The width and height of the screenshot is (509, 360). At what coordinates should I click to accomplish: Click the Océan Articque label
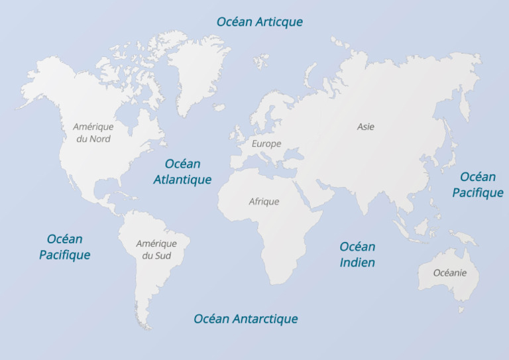tap(259, 22)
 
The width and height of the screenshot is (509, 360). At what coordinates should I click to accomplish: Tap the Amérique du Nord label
tap(93, 133)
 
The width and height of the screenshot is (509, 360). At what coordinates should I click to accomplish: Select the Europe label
tap(266, 143)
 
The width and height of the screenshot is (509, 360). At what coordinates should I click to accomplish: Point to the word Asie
tap(365, 127)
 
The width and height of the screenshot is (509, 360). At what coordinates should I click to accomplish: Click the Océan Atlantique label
tap(182, 172)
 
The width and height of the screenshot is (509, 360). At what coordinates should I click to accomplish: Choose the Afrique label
tap(264, 202)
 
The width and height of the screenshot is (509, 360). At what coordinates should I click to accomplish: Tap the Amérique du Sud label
tap(156, 249)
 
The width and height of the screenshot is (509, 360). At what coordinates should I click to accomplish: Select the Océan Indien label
tap(357, 255)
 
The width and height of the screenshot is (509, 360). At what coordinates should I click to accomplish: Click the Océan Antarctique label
tap(245, 319)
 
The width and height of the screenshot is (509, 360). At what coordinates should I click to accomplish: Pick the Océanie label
tap(450, 273)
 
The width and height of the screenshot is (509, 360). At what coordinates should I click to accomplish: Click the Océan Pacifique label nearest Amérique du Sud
tap(64, 247)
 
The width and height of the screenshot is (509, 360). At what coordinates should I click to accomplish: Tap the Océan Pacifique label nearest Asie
tap(478, 185)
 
